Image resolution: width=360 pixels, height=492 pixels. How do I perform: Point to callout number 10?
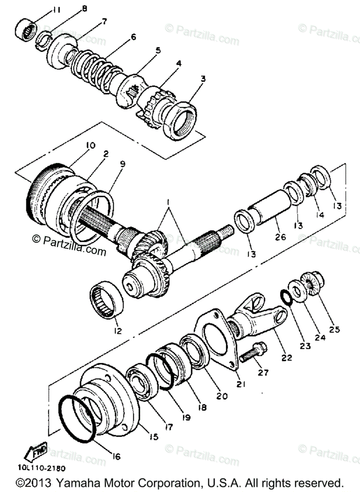[x=90, y=146]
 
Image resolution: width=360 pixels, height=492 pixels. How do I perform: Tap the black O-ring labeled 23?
[x=286, y=297]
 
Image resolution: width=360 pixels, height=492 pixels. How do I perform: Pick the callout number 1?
[x=167, y=203]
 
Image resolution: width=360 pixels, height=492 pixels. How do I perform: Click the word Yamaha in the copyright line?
[x=76, y=483]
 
